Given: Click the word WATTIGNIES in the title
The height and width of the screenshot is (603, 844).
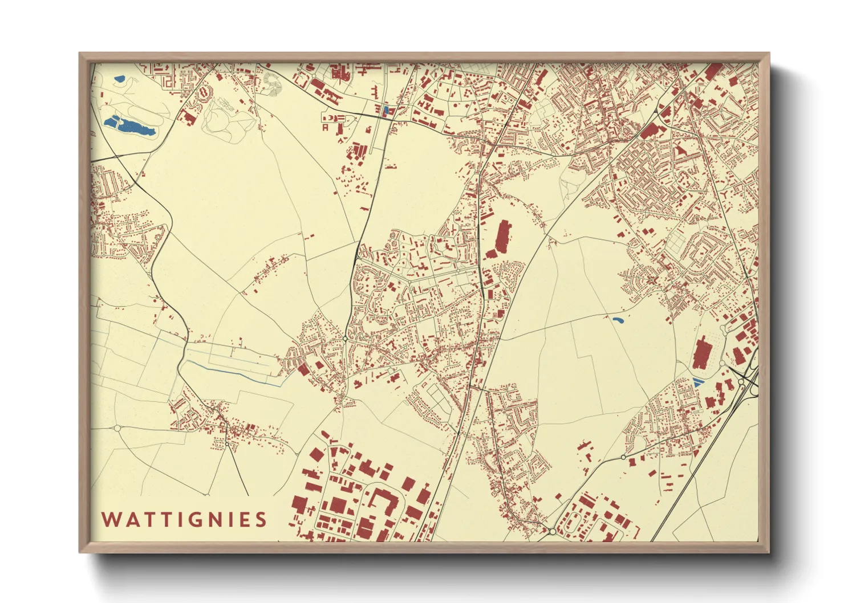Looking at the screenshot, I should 184,519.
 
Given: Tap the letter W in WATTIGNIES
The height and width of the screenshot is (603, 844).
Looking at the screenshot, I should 110,519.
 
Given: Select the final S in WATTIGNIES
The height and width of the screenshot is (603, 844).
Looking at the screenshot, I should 261,519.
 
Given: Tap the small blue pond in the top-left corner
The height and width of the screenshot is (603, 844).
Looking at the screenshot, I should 119,79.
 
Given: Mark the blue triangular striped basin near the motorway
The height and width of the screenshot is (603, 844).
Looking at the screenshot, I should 697,383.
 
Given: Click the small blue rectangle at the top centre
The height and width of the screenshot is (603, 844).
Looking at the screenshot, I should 386,110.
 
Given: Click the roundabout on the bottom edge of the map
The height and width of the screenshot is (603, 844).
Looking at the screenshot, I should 552,531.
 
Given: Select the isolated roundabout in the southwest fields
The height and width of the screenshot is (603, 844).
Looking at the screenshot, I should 117,427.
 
